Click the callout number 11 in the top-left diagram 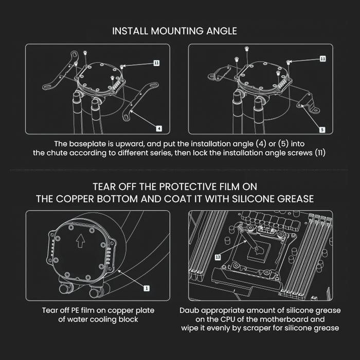pyautogui.click(x=156, y=63)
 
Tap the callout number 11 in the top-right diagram pyautogui.click(x=322, y=59)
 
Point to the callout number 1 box pyautogui.click(x=146, y=289)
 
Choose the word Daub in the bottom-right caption pyautogui.click(x=191, y=311)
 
